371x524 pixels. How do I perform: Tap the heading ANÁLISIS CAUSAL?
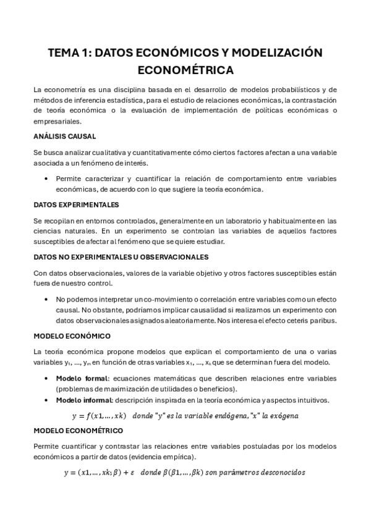[64, 136]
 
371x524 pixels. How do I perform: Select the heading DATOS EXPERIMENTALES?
[76, 205]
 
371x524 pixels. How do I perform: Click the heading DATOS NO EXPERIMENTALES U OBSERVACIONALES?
[121, 256]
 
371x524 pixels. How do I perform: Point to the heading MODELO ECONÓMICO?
[72, 336]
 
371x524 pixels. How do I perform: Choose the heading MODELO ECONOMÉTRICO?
[78, 430]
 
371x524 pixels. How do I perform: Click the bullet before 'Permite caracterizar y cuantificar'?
[48, 179]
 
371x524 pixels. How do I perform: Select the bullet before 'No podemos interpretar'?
[48, 299]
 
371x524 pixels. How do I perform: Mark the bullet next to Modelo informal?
[48, 400]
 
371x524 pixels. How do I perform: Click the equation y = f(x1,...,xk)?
[100, 415]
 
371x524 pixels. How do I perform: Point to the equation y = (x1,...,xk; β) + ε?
[99, 473]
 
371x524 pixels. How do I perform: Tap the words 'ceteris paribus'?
[314, 320]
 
